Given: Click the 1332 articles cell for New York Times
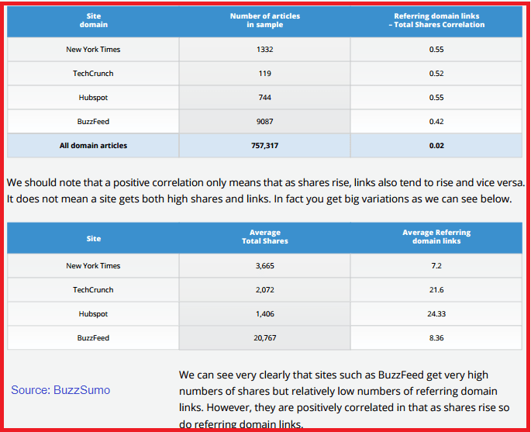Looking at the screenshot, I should (x=265, y=50).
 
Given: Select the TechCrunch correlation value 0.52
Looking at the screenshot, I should (x=436, y=74).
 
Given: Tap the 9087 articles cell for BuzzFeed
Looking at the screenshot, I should (x=265, y=122).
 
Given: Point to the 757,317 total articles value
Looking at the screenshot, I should (x=265, y=145).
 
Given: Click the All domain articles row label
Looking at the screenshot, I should (x=93, y=145).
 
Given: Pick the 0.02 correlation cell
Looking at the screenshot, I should (x=436, y=145).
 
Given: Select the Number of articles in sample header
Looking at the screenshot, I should (x=265, y=21).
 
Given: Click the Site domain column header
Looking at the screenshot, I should (x=93, y=21).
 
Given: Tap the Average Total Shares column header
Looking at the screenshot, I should (x=265, y=237).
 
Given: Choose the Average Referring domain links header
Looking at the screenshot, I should (x=436, y=237).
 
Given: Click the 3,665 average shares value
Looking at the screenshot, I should (x=265, y=266).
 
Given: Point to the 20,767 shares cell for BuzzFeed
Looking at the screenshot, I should (x=265, y=338).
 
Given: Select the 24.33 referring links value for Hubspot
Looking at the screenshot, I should (x=436, y=314).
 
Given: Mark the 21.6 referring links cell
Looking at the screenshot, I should (x=436, y=290).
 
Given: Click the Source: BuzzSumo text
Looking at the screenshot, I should (x=60, y=390).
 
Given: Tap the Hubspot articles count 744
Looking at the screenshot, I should (x=265, y=98).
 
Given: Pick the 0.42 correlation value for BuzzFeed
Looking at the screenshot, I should (x=436, y=122).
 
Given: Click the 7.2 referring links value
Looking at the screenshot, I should (x=436, y=266).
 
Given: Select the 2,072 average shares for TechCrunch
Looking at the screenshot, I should (x=265, y=290).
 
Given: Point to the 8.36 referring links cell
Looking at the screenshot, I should (x=436, y=338).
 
